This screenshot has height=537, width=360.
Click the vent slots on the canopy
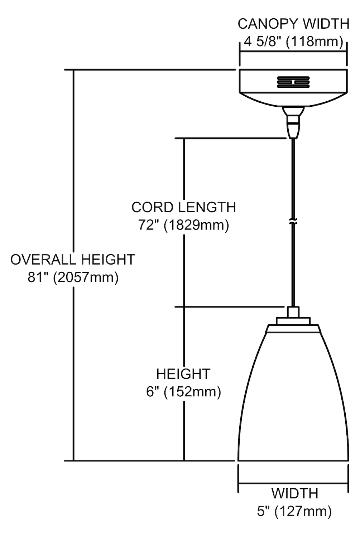(x=293, y=82)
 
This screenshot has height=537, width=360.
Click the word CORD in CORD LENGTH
(x=153, y=207)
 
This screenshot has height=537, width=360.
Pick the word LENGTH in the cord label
(x=207, y=207)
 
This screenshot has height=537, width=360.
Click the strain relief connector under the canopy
(x=293, y=122)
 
